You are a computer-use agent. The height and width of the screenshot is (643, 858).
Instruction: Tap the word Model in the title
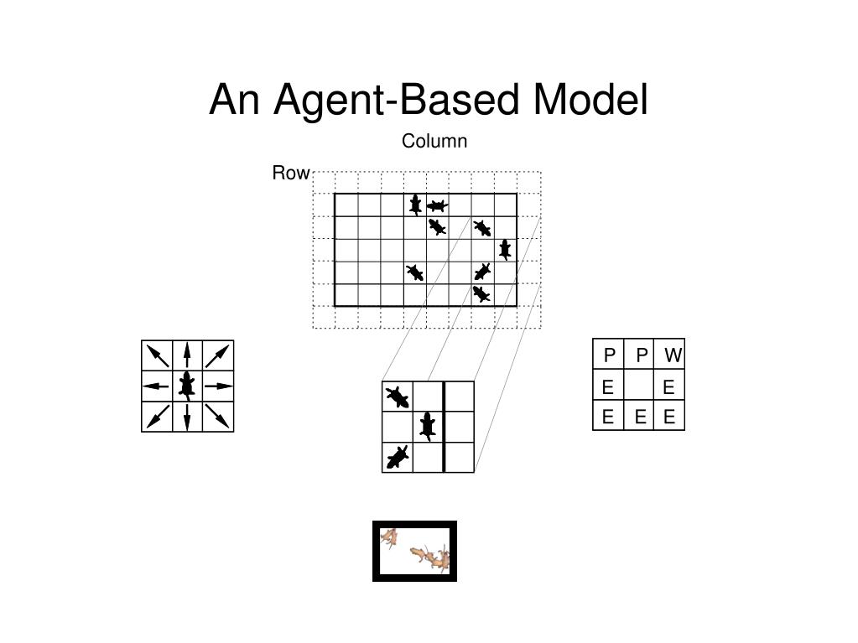point(590,100)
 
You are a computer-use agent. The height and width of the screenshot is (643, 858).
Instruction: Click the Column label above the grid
point(434,142)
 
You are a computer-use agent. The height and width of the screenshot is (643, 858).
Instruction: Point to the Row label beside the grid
point(290,174)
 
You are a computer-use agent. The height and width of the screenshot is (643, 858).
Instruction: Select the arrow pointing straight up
point(187,355)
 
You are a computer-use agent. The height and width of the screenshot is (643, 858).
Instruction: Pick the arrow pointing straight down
point(187,417)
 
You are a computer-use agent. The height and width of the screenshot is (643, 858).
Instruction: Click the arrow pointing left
point(156,386)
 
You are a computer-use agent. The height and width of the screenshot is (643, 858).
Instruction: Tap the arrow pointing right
point(218,386)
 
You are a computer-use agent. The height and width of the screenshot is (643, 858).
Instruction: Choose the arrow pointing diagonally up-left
point(157,355)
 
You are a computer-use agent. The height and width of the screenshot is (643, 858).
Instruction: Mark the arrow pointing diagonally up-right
point(217,355)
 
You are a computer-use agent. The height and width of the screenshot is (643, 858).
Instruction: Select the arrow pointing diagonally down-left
point(157,417)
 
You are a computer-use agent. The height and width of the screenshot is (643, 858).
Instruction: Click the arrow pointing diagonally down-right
point(217,417)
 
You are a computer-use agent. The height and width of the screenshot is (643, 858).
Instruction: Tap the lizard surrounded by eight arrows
point(187,386)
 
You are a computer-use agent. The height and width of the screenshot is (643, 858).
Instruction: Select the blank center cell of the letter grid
point(639,386)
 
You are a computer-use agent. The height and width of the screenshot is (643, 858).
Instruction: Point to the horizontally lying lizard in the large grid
point(437,205)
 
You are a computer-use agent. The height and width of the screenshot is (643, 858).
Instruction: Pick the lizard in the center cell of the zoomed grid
point(428,426)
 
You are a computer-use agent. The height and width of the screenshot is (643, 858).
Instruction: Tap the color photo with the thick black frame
point(414,551)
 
